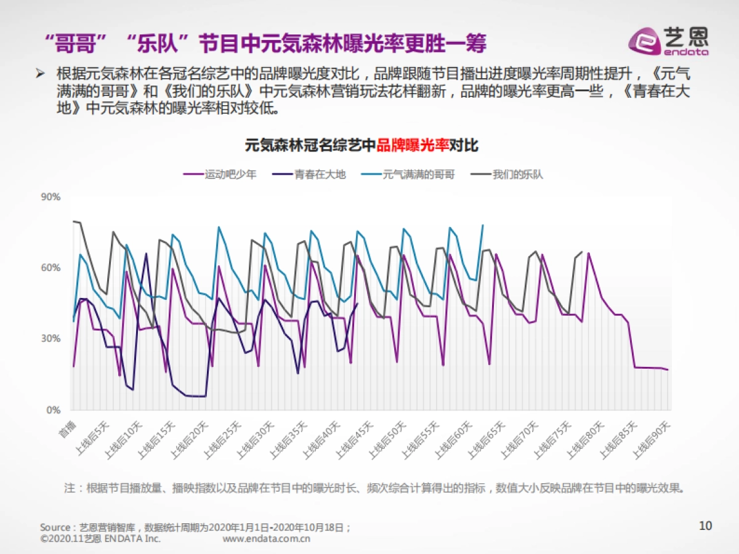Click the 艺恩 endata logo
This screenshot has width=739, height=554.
[x=668, y=41]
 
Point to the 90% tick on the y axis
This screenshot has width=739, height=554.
[x=50, y=197]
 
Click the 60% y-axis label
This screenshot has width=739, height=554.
[x=50, y=268]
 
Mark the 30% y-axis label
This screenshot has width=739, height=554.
[x=50, y=339]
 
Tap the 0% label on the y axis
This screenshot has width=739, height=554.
[x=53, y=409]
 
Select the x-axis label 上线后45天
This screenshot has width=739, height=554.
[x=354, y=438]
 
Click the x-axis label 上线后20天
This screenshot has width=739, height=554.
[x=188, y=438]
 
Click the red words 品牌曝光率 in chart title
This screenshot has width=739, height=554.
[x=413, y=146]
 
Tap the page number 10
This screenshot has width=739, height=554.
[x=706, y=525]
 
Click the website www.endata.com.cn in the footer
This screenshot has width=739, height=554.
[x=266, y=539]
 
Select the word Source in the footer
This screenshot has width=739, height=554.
[x=55, y=528]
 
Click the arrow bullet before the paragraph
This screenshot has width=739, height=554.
[x=41, y=73]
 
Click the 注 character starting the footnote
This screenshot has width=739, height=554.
[x=70, y=488]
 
